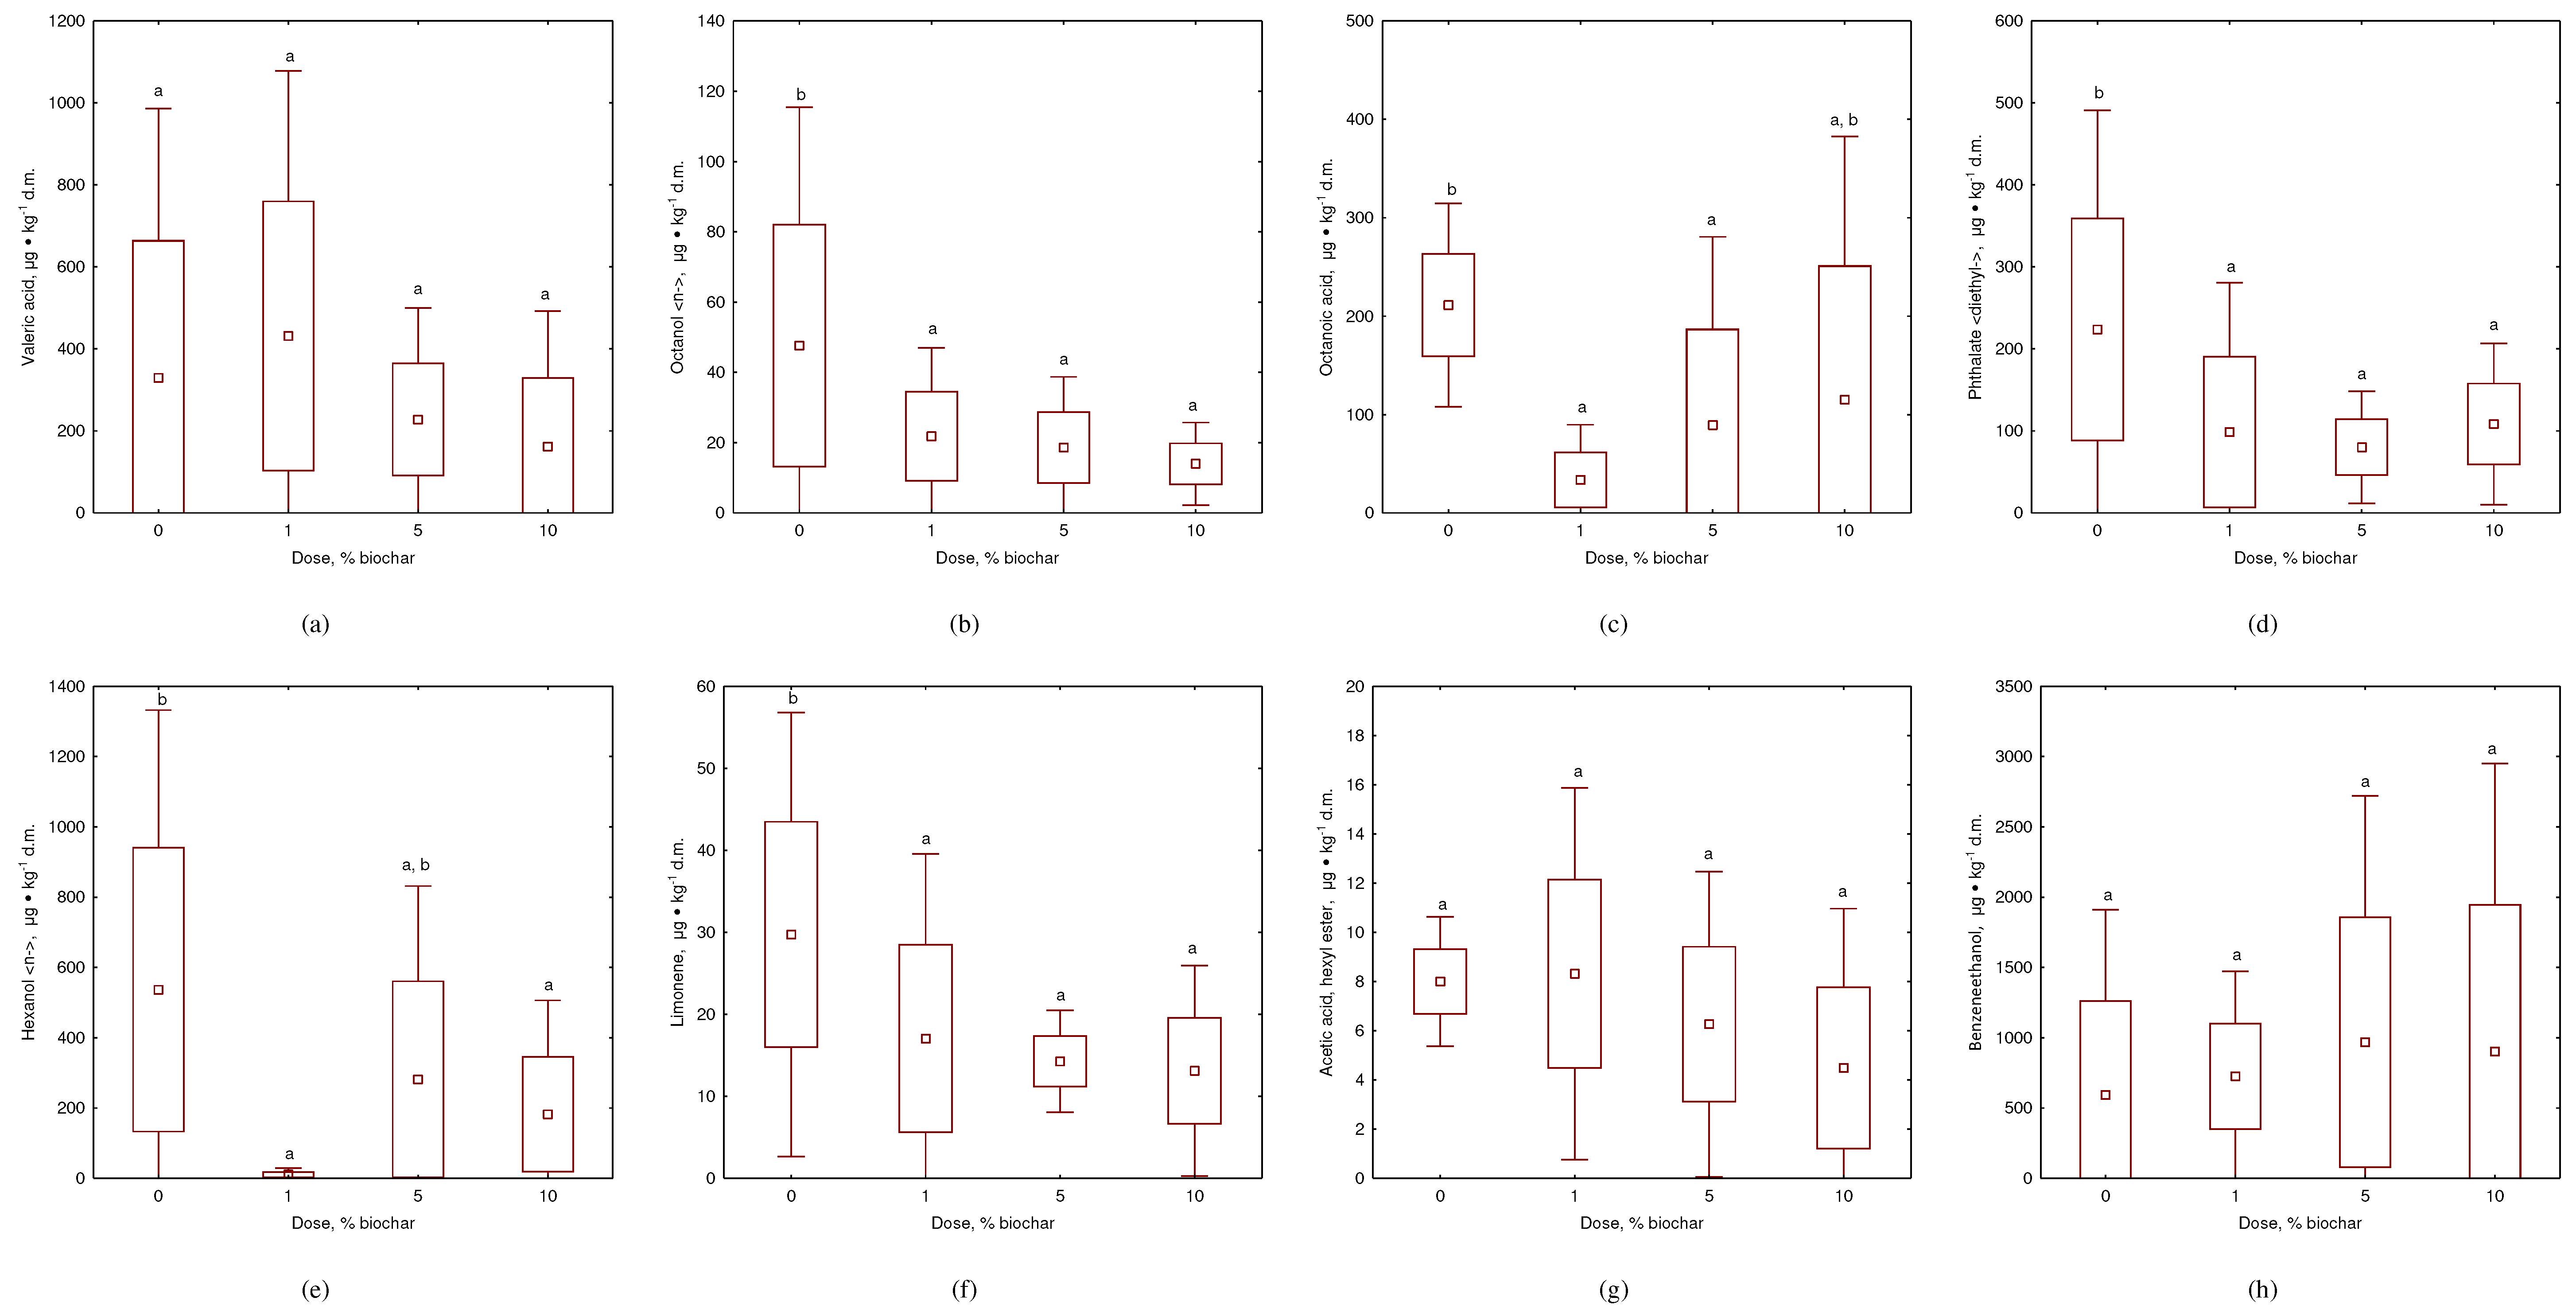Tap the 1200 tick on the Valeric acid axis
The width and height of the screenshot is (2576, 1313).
(x=67, y=21)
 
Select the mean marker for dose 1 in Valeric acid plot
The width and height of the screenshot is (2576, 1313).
(x=288, y=336)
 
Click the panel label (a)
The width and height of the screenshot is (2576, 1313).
(x=315, y=624)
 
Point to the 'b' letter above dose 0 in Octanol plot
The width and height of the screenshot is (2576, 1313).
(x=800, y=95)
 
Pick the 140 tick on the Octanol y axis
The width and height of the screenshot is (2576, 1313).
(x=711, y=21)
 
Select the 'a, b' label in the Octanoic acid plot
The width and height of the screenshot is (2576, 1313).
(x=1843, y=120)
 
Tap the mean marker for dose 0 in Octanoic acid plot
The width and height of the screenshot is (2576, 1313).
(x=1448, y=305)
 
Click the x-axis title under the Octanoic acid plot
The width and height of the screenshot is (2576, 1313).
(x=1646, y=558)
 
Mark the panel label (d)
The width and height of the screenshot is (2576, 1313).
(x=2262, y=624)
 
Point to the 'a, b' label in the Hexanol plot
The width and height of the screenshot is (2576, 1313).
(x=416, y=865)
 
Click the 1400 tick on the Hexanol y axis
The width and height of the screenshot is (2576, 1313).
(x=67, y=686)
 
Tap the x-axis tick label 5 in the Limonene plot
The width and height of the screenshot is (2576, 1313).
(x=1060, y=1196)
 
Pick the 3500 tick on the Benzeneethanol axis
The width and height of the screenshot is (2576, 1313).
(x=2013, y=686)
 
